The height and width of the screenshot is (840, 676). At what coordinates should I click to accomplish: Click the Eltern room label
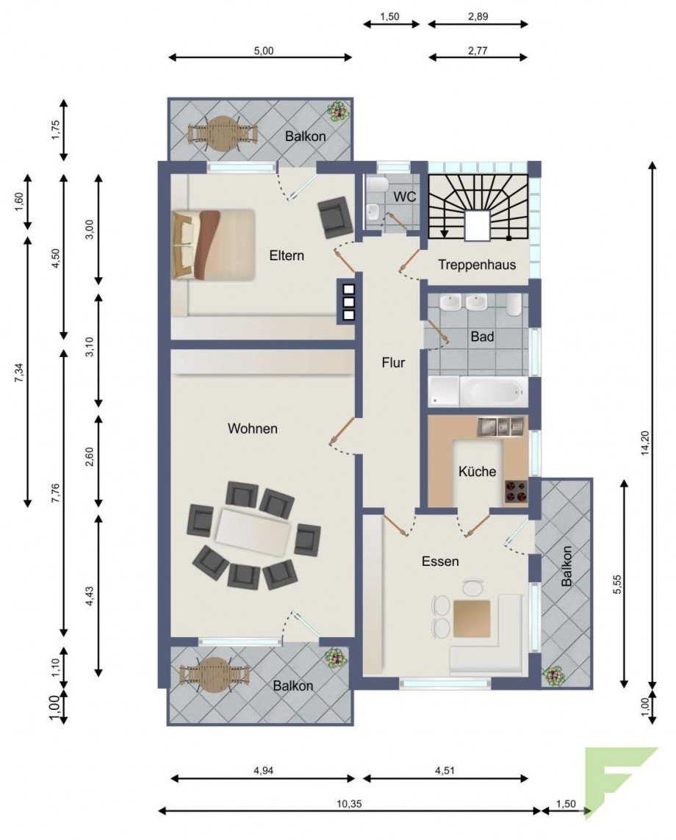click(x=287, y=256)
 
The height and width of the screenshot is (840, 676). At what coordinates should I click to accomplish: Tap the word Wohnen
click(x=252, y=428)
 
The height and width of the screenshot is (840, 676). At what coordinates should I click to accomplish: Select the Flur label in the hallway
click(x=393, y=363)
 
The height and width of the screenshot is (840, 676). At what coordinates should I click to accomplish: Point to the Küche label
click(x=477, y=471)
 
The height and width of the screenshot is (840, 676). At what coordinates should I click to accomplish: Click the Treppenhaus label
click(x=477, y=265)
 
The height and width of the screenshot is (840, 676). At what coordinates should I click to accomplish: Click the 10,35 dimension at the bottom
click(x=349, y=804)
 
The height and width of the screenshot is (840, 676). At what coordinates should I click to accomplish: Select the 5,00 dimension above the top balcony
click(x=263, y=51)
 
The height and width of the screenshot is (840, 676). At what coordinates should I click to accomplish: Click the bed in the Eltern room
click(x=212, y=244)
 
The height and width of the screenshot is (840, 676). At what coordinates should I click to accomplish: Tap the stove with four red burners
click(x=515, y=491)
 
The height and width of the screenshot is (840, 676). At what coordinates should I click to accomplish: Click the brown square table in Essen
click(x=472, y=619)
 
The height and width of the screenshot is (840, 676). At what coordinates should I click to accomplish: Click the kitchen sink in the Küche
click(x=500, y=426)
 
